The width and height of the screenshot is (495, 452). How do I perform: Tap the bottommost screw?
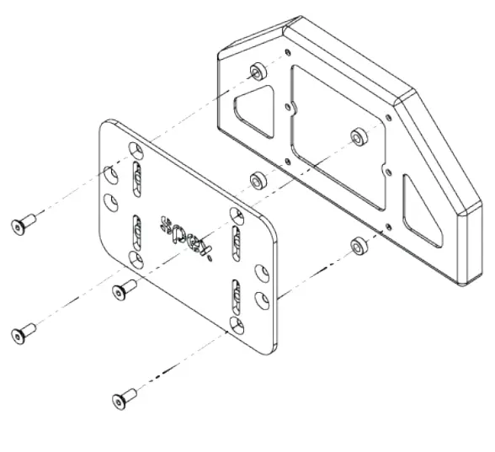click(123, 396)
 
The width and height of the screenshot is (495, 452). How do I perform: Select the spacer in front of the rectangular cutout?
click(358, 136)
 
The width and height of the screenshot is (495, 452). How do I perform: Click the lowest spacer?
click(359, 246)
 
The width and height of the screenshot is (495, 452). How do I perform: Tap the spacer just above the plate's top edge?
click(256, 179)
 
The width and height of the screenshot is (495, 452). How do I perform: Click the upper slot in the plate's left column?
click(137, 178)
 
